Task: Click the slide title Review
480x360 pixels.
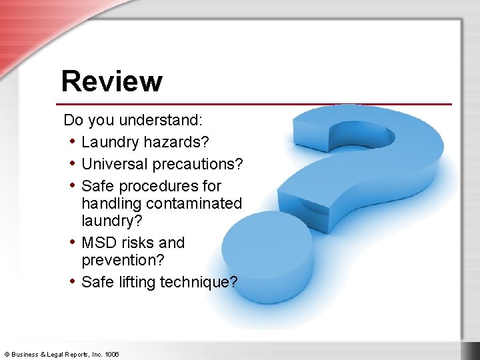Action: (x=111, y=81)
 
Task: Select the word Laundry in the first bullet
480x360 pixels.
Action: (x=109, y=142)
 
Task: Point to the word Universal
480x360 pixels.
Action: (x=115, y=164)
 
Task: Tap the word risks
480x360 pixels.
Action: (x=139, y=243)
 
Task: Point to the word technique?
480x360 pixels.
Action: (x=199, y=282)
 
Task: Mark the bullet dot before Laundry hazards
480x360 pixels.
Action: (x=71, y=142)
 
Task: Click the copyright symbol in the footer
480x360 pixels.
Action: (x=7, y=354)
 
